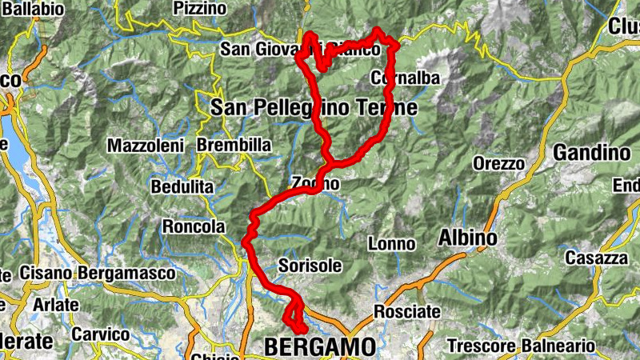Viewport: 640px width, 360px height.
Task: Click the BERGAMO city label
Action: (x=319, y=347)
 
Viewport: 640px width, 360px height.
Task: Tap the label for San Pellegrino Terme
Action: (x=314, y=107)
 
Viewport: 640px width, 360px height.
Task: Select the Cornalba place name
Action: (x=406, y=78)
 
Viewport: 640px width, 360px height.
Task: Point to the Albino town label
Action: (x=468, y=238)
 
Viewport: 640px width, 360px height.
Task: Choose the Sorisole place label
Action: (x=310, y=265)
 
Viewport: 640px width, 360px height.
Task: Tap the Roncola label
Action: (x=194, y=227)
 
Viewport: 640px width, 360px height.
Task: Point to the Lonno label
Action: (x=391, y=244)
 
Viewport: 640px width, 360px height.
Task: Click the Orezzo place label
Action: (x=498, y=164)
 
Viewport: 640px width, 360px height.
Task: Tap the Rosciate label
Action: (x=407, y=311)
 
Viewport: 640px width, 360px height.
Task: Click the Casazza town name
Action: (x=596, y=258)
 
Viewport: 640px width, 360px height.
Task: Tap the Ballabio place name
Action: (x=33, y=9)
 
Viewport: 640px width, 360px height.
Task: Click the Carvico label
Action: (x=101, y=334)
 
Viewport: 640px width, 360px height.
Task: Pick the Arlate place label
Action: (x=56, y=305)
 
